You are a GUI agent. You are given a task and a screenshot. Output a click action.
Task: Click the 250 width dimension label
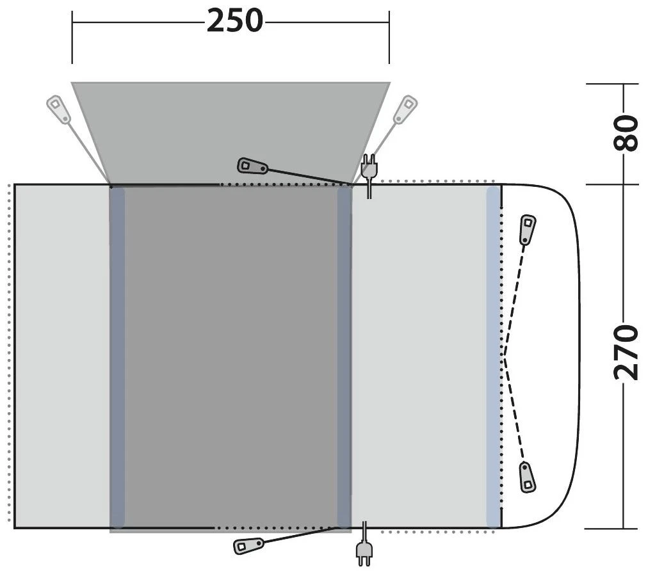(x=234, y=21)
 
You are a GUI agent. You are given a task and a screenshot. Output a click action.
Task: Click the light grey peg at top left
(x=59, y=109)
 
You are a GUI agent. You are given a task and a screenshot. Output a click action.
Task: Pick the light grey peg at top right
(x=405, y=109)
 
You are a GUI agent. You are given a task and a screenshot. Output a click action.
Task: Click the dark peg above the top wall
(x=253, y=166)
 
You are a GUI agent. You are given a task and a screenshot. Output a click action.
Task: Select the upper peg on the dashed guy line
(x=528, y=230)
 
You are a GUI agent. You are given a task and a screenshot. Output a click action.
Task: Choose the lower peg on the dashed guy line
(x=527, y=477)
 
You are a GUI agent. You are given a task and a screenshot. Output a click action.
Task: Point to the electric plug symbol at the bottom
(x=364, y=550)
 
